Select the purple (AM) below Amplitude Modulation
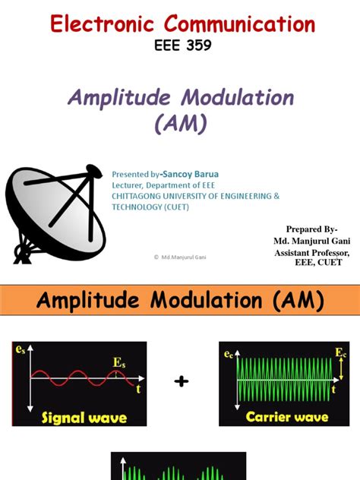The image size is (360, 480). pyautogui.click(x=180, y=122)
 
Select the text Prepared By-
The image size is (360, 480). pyautogui.click(x=312, y=229)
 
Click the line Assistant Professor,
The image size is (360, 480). pyautogui.click(x=312, y=251)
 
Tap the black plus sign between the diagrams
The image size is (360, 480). pyautogui.click(x=181, y=381)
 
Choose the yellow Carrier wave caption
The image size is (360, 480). pyautogui.click(x=286, y=417)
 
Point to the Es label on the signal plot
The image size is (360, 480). pyautogui.click(x=119, y=364)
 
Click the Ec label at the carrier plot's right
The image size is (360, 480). pyautogui.click(x=340, y=353)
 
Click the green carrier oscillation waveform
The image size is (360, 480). pyautogui.click(x=285, y=378)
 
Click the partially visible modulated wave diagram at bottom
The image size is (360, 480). pyautogui.click(x=178, y=467)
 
